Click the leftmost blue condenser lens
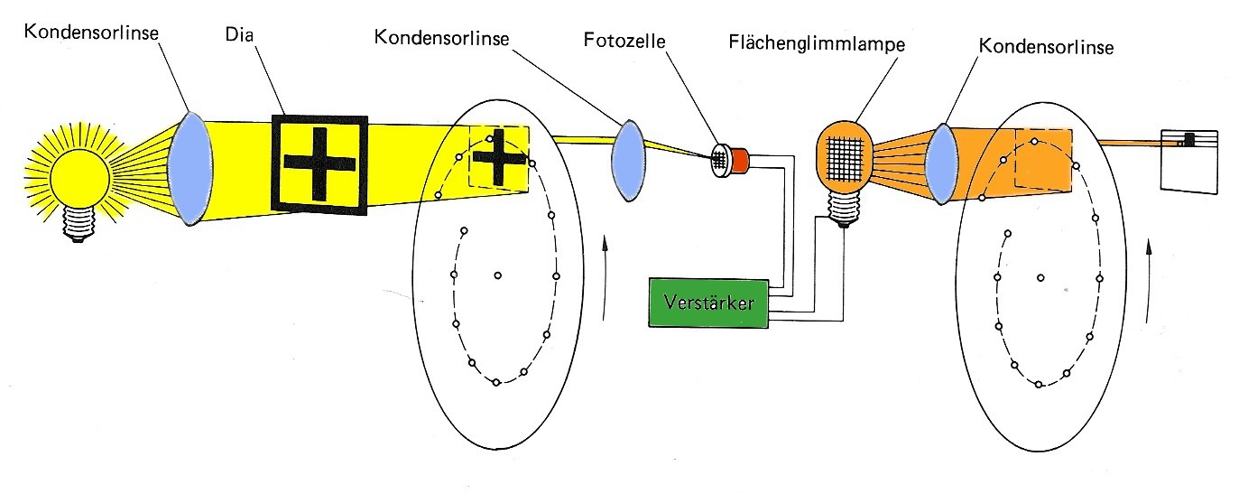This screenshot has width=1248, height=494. coord(190,168)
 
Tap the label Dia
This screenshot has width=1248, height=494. coord(239,34)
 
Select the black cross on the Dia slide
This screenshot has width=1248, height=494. coord(319,163)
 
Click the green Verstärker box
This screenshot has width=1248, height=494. coord(708,303)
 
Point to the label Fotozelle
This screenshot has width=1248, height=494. coord(624,40)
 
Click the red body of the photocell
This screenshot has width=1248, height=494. coord(740,160)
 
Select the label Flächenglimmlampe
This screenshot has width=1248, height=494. coord(817,43)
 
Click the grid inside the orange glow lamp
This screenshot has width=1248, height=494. coord(845,159)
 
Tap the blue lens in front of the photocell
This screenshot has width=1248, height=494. coord(628,160)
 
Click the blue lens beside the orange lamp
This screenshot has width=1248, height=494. coord(941,164)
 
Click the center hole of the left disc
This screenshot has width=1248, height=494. coord(497,275)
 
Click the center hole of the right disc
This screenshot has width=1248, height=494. coord(1040,277)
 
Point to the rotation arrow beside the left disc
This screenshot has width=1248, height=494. coord(605,278)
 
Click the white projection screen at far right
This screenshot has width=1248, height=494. coord(1189,162)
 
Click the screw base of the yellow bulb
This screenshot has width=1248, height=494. coord(79,224)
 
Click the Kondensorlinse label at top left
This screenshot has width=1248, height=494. coord(91,32)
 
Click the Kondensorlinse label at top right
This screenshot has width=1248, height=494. coord(1046,46)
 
